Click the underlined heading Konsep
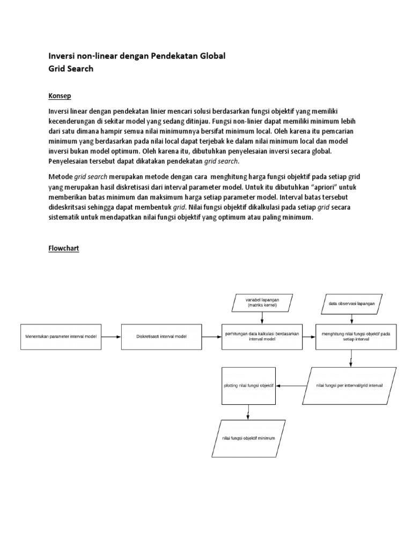[60, 96]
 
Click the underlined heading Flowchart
[64, 249]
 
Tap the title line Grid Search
[71, 69]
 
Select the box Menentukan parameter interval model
[61, 337]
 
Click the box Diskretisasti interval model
[161, 337]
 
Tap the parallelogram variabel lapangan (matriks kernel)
[262, 302]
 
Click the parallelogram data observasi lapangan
[351, 303]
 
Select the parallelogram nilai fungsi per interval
[349, 385]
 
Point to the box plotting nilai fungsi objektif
[248, 385]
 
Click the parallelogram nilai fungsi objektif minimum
[248, 439]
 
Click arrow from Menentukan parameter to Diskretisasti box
[111, 337]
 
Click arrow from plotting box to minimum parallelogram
[248, 411]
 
